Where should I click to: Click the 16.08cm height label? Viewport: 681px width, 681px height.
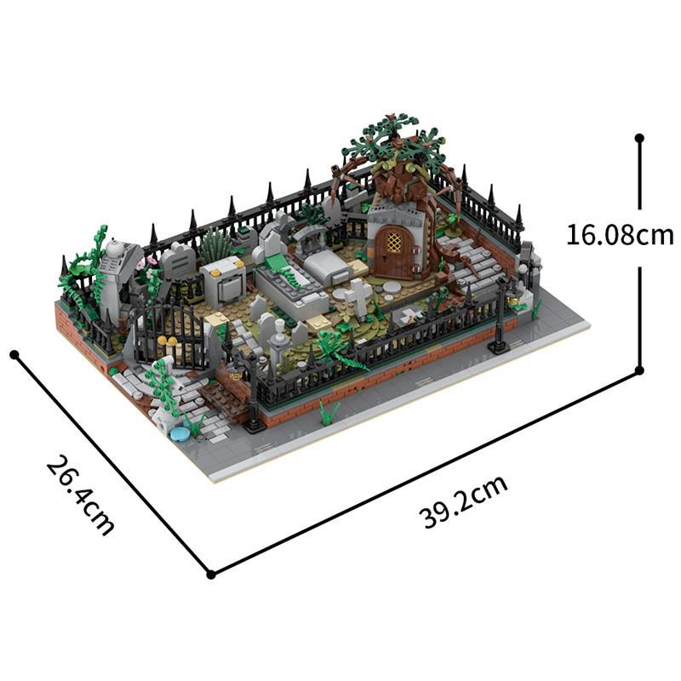[620, 234]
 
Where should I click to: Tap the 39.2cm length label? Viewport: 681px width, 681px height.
[465, 502]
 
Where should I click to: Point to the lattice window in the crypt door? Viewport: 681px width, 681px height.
[393, 242]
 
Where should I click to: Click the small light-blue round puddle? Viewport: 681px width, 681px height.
[180, 433]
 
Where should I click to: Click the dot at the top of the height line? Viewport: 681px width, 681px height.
[639, 136]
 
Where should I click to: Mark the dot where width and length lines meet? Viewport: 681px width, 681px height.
[210, 574]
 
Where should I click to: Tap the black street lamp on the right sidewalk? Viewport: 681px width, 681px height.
[501, 319]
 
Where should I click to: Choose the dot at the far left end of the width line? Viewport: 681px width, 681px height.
[14, 353]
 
